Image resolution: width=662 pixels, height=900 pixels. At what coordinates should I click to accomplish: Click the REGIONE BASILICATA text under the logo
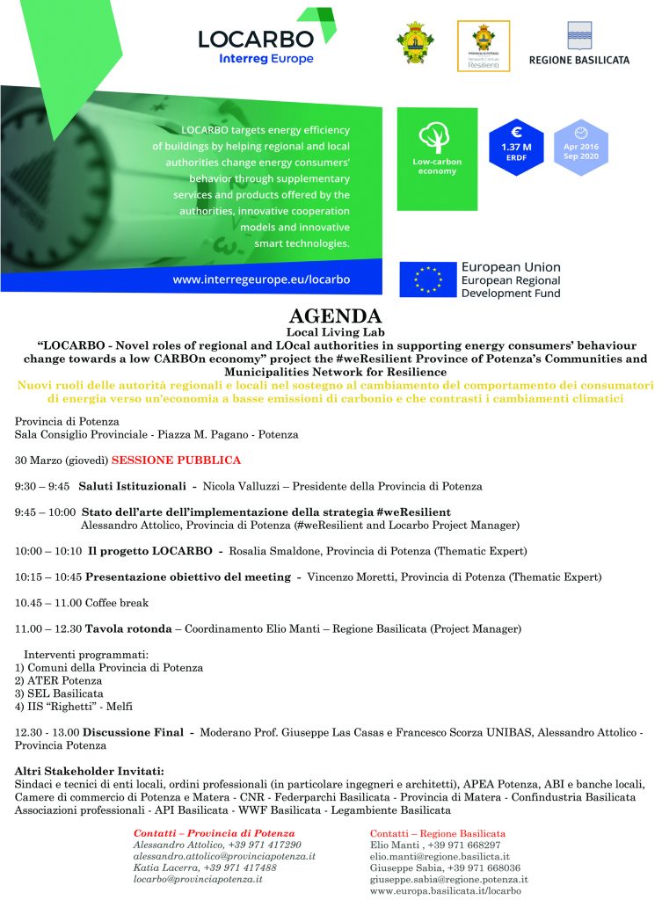tap(578, 60)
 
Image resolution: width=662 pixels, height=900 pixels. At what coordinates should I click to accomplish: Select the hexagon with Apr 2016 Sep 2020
tap(581, 147)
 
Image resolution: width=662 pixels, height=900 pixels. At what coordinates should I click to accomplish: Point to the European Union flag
tap(428, 279)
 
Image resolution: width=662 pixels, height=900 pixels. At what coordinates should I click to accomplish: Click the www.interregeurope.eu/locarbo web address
tap(262, 279)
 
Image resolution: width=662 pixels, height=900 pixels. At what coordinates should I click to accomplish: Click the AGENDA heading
tap(335, 316)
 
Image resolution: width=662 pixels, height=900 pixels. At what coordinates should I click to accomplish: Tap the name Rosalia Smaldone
tap(273, 551)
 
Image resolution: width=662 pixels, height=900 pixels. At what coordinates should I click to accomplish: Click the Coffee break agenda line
tap(82, 603)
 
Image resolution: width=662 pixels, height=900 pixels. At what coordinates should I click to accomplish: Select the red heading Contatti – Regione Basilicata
tap(438, 832)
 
